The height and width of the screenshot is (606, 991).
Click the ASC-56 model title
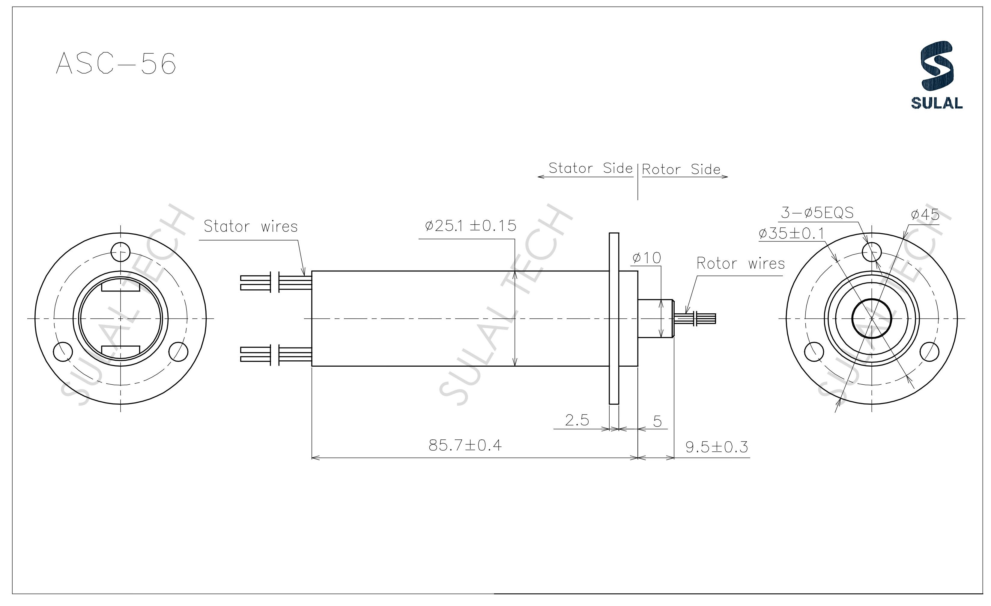coord(116,64)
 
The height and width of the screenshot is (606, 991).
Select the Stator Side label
coord(590,168)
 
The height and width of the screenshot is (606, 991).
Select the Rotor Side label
coord(681,170)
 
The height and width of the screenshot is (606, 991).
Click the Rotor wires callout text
coord(740,264)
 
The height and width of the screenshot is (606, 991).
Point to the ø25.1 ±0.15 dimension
coord(470,226)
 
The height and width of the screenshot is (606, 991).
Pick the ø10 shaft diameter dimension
coord(646,258)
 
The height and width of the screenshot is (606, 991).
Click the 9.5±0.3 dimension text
coord(716,447)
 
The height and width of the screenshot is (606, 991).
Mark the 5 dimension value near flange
coord(657,421)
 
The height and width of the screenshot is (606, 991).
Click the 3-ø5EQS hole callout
coord(817,213)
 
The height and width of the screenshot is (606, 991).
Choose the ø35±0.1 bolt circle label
coord(791,233)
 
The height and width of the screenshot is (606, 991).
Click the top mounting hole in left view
coord(120,252)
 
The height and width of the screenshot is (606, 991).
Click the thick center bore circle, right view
coord(872,319)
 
